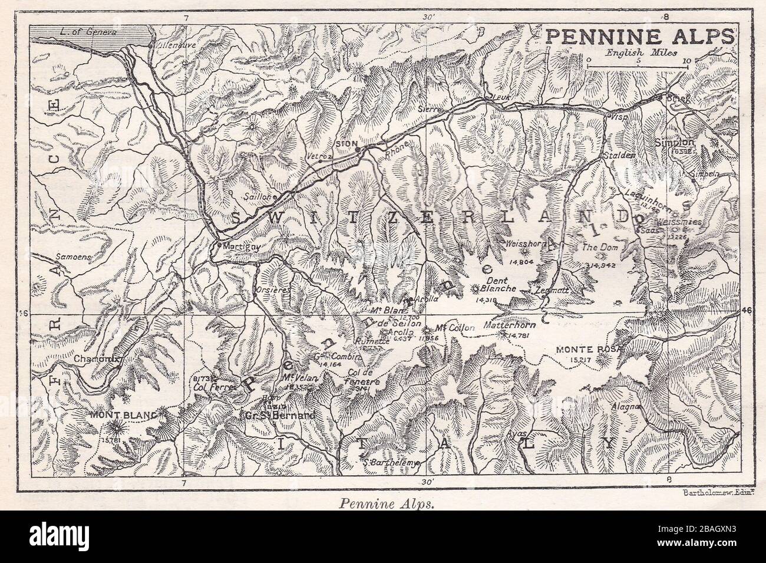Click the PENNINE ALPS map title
(639, 35)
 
